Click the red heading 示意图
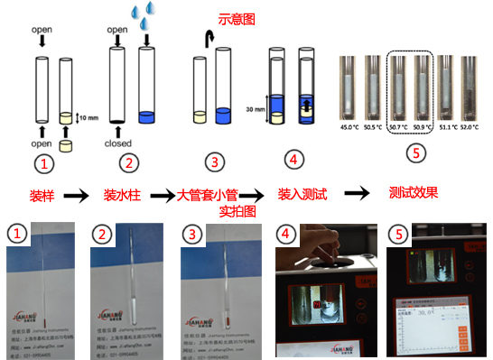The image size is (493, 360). (x=238, y=18)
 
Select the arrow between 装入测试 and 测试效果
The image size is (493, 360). (x=357, y=193)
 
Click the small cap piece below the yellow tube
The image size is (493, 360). (x=66, y=144)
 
